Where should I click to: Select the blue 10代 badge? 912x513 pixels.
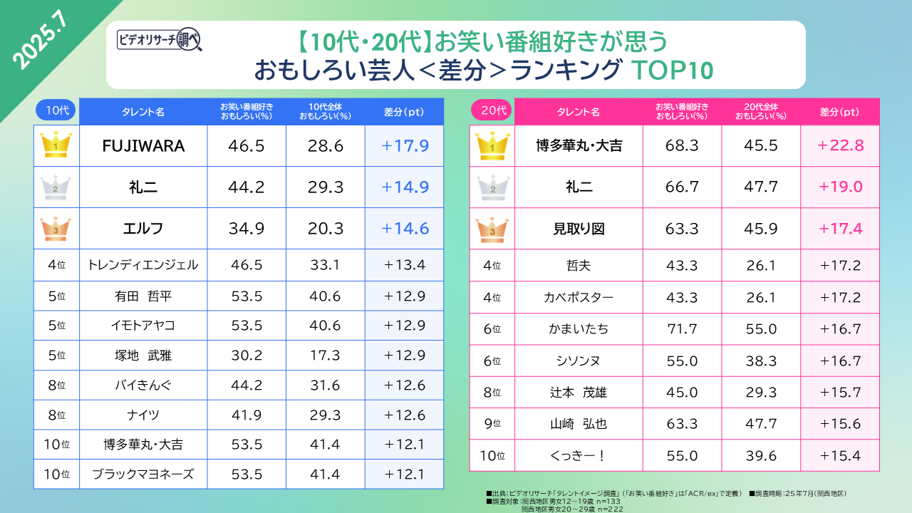click(x=56, y=110)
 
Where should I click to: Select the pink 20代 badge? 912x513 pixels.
click(x=492, y=110)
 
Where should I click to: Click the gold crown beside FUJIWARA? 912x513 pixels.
click(x=56, y=145)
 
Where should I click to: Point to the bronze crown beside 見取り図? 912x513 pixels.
click(x=492, y=228)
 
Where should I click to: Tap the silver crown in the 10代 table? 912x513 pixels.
click(x=56, y=187)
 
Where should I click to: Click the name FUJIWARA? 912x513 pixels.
click(x=143, y=146)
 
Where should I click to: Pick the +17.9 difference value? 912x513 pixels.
click(x=405, y=146)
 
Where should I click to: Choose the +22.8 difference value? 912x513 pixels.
click(x=841, y=145)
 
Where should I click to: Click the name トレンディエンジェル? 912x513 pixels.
click(x=142, y=265)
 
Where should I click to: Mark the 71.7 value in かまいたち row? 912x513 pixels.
click(x=682, y=328)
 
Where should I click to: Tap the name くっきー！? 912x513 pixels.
click(x=579, y=455)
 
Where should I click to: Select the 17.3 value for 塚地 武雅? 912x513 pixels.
click(x=326, y=355)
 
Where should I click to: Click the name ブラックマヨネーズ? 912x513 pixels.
click(x=142, y=474)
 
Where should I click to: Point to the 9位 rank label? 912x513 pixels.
click(x=493, y=424)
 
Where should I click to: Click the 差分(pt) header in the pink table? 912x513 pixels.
click(x=840, y=112)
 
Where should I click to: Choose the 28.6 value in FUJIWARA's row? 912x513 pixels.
click(x=326, y=146)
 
